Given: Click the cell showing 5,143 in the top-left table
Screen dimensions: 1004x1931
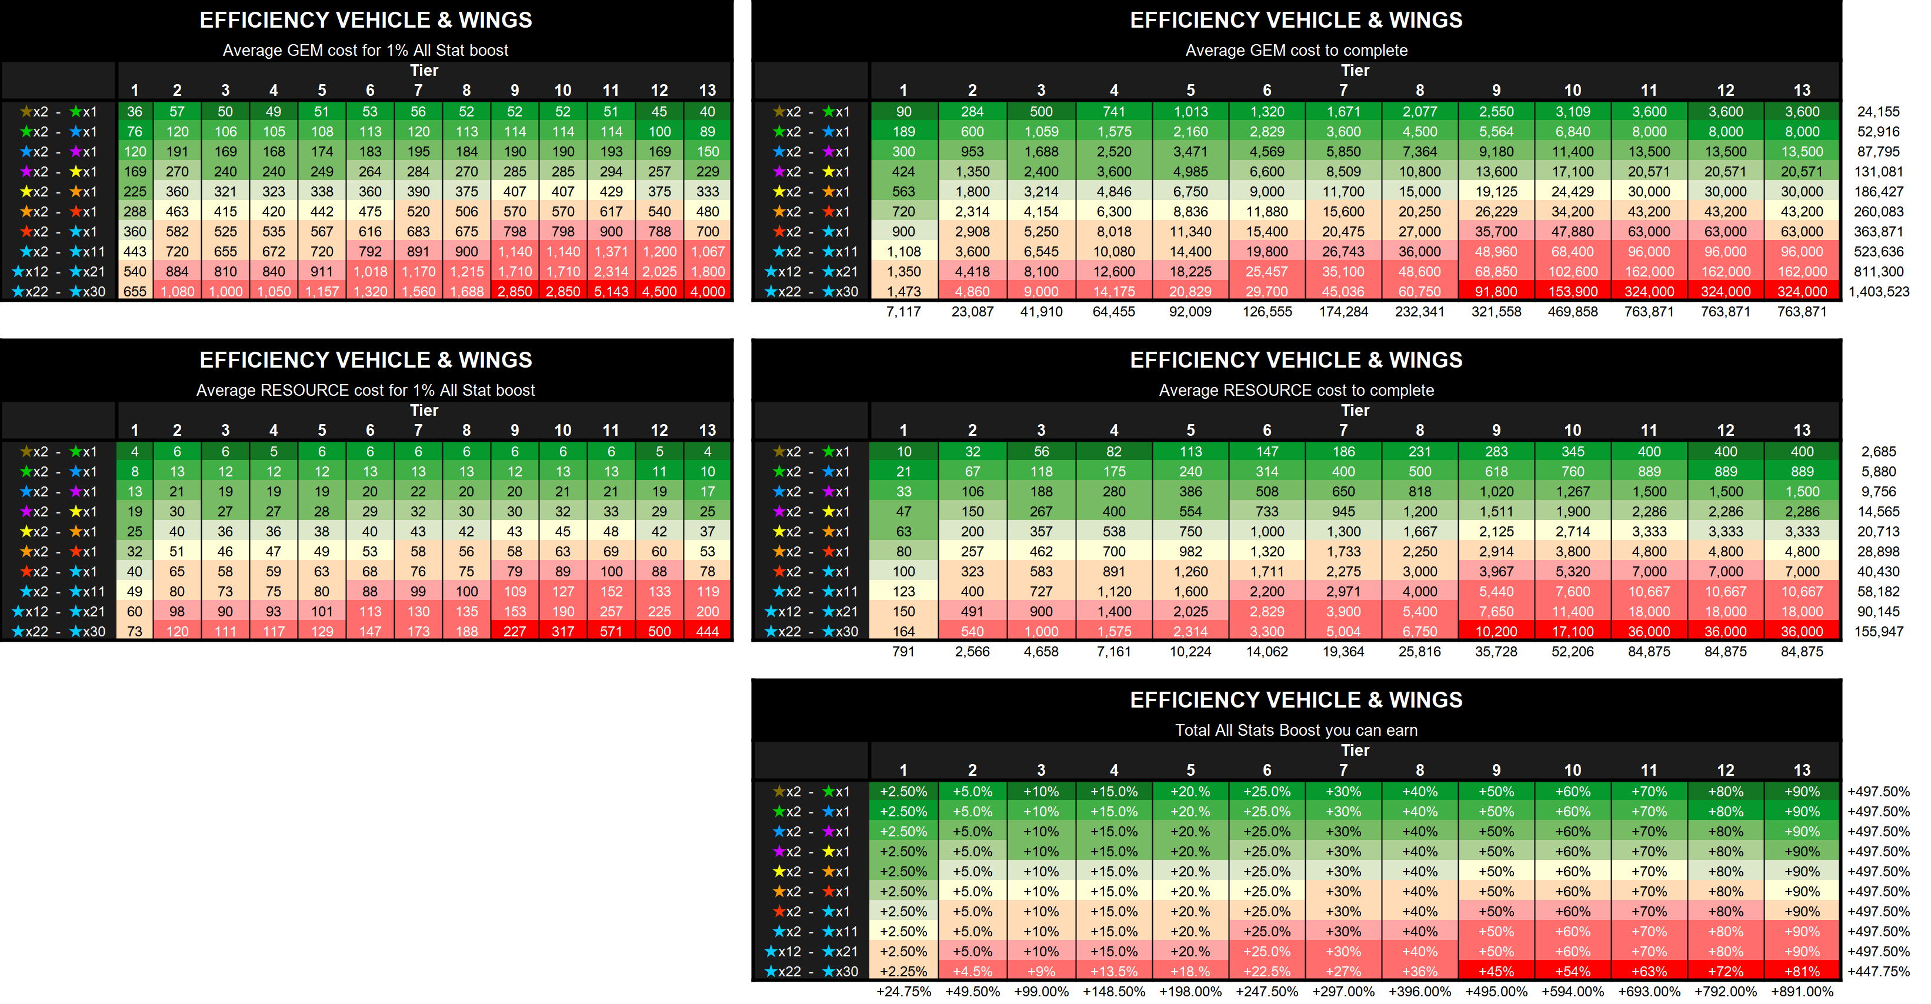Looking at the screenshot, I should [x=611, y=292].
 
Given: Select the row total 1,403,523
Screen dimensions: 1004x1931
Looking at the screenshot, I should [x=1879, y=292].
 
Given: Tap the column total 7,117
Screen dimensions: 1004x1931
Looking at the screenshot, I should [x=903, y=312].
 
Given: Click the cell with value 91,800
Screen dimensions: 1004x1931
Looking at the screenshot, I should [x=1496, y=292].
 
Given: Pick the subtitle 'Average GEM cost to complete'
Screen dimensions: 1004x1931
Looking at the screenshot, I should [x=1296, y=50].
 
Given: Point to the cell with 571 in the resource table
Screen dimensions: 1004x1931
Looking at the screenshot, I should [x=611, y=631].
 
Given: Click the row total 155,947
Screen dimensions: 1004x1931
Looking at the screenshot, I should [x=1879, y=631].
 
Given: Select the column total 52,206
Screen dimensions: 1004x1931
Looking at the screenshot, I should [x=1572, y=652].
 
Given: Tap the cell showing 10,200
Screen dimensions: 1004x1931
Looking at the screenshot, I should [x=1496, y=631].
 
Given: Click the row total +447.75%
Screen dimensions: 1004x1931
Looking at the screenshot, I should [x=1879, y=971].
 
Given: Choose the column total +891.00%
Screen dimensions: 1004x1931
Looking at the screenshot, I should [x=1802, y=991].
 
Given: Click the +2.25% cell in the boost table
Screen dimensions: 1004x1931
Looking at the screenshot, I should [x=903, y=971].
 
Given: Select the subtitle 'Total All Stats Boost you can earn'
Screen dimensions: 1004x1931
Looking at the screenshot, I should [x=1296, y=731].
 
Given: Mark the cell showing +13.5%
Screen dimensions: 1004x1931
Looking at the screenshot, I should [x=1113, y=971].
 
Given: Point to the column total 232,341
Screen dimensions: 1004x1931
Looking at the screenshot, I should [x=1419, y=312].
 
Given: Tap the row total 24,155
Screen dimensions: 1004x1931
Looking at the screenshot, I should [x=1879, y=112].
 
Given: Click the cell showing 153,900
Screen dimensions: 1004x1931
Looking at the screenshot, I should [x=1572, y=292].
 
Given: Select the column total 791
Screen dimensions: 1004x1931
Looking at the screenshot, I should [x=903, y=652].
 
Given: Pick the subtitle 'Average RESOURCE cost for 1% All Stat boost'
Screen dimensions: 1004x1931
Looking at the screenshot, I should [x=365, y=391].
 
